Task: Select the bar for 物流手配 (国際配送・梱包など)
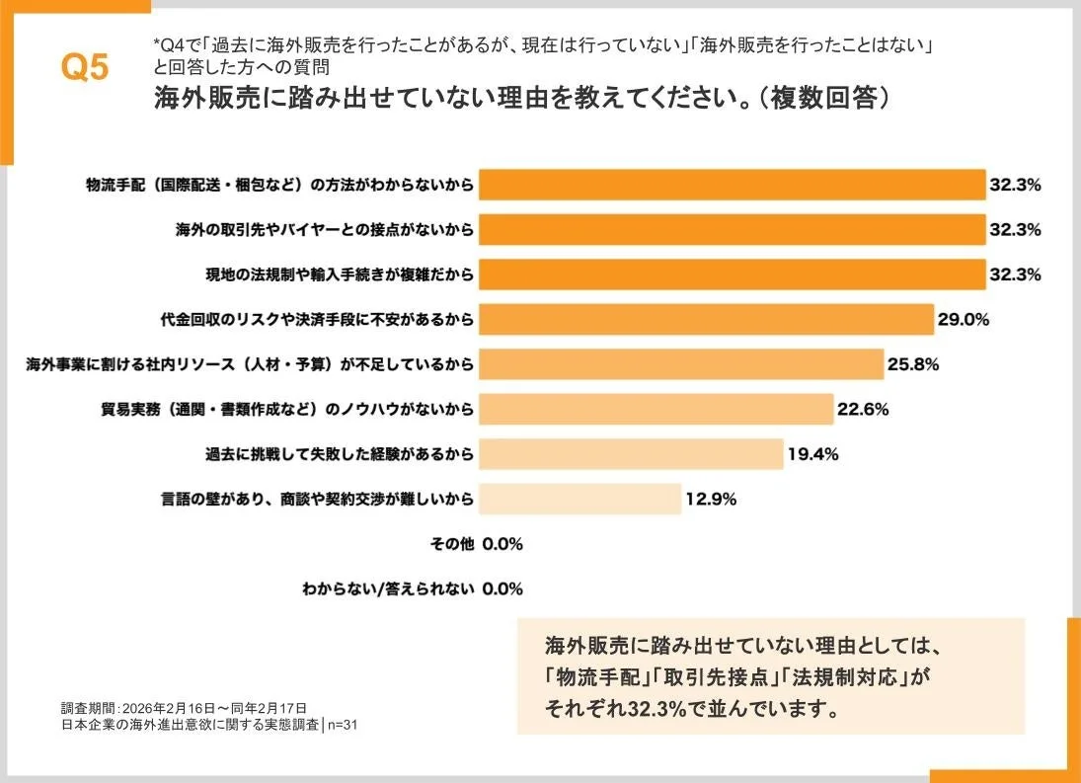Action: pos(732,185)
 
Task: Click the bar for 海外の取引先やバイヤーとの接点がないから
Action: pos(732,229)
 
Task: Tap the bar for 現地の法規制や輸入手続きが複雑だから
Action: pos(732,274)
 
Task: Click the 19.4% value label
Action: pos(812,454)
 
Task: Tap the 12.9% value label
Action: pos(711,499)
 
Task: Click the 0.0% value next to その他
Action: pos(502,544)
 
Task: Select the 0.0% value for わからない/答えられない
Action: pos(502,589)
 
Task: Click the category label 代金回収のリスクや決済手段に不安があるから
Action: pos(317,319)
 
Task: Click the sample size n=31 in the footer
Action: pos(343,725)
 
